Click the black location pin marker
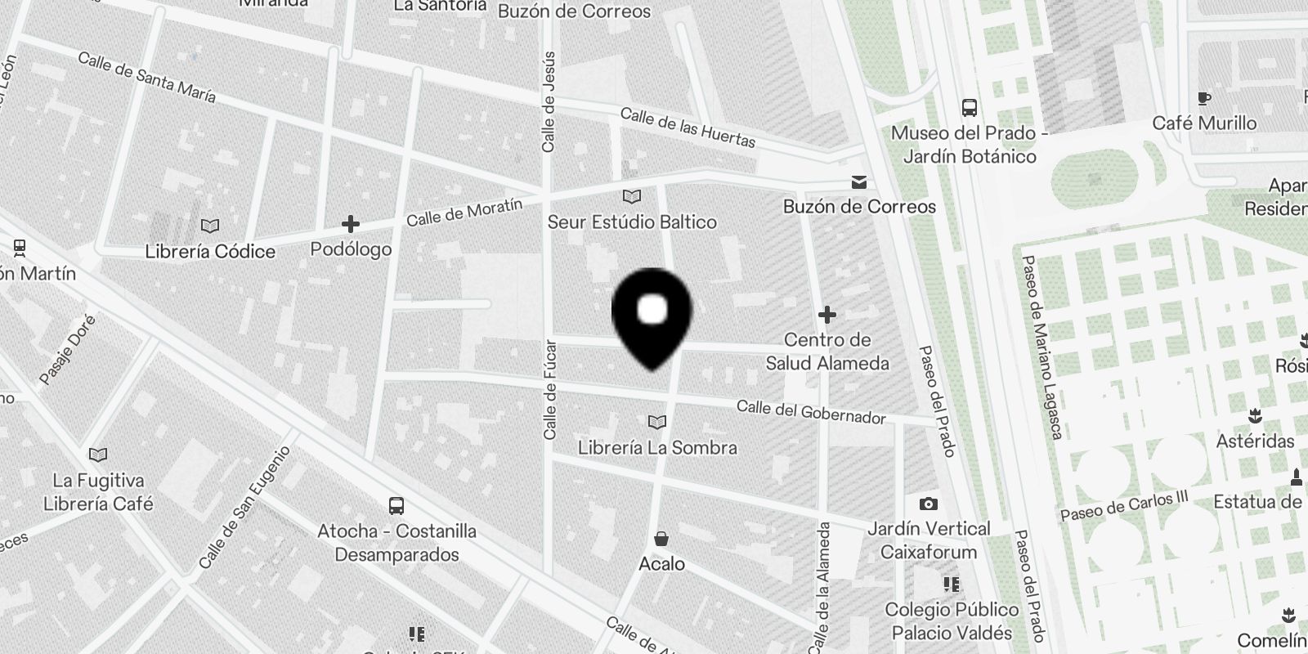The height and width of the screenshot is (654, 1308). coord(652,315)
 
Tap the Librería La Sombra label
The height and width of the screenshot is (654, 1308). coord(657,447)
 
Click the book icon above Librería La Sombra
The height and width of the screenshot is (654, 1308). coord(656,422)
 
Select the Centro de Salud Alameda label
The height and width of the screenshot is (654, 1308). coord(826,352)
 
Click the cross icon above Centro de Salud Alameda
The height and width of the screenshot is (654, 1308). coord(826,314)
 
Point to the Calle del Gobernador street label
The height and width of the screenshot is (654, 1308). coord(810,412)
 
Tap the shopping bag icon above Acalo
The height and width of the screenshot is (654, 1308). coord(661,539)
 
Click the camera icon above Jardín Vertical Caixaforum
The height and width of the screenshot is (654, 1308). coord(928,504)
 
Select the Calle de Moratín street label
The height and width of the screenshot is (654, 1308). coord(464,213)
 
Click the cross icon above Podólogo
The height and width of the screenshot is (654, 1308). coord(351,224)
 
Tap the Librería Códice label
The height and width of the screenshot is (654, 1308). coord(210,251)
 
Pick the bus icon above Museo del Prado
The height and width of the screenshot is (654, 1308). coord(969,107)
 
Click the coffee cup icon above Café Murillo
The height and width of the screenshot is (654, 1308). coord(1203,98)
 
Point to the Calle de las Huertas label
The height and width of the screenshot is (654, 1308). coord(688,128)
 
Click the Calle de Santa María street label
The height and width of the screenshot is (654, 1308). coord(147,78)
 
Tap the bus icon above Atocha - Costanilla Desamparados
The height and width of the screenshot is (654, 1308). coord(396,505)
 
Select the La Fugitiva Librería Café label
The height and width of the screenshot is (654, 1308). coord(98,492)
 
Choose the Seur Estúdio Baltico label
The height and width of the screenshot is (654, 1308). coord(631,222)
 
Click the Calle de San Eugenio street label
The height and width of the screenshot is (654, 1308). coord(244,508)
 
